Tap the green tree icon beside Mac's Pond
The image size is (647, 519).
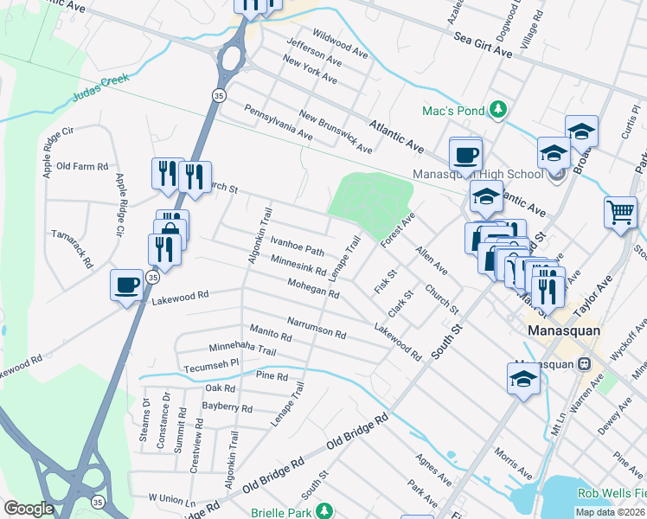point(497,109)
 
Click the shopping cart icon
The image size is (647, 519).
point(621,213)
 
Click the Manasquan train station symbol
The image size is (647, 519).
point(585,364)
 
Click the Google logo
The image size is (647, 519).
point(29,509)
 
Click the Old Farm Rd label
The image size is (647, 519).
point(82,166)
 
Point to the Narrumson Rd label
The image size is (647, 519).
point(317,328)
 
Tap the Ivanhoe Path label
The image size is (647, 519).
point(297,246)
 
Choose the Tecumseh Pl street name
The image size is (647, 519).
point(210,365)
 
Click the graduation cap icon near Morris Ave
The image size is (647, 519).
point(523,377)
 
